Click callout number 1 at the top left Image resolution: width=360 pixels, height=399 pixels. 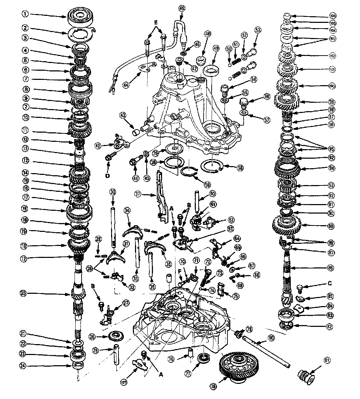(x=24, y=14)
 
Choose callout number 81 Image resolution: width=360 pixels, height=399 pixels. (x=328, y=360)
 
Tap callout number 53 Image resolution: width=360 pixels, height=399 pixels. (x=258, y=31)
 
